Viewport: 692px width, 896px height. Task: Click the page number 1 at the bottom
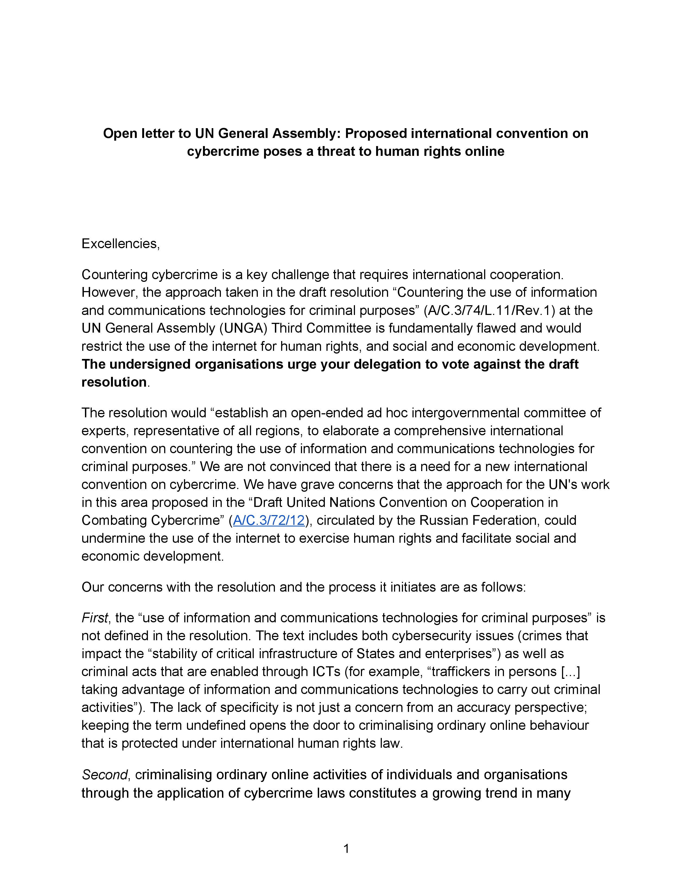coord(346,848)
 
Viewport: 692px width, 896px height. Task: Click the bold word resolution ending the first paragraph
coord(114,382)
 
